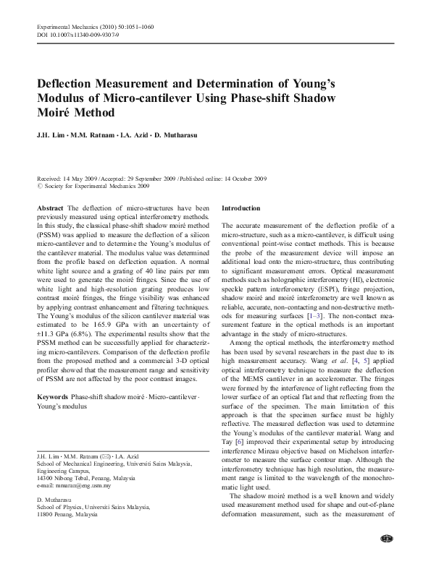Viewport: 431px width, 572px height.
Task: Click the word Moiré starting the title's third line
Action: coord(56,114)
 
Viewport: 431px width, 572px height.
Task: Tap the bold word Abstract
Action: coord(50,208)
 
